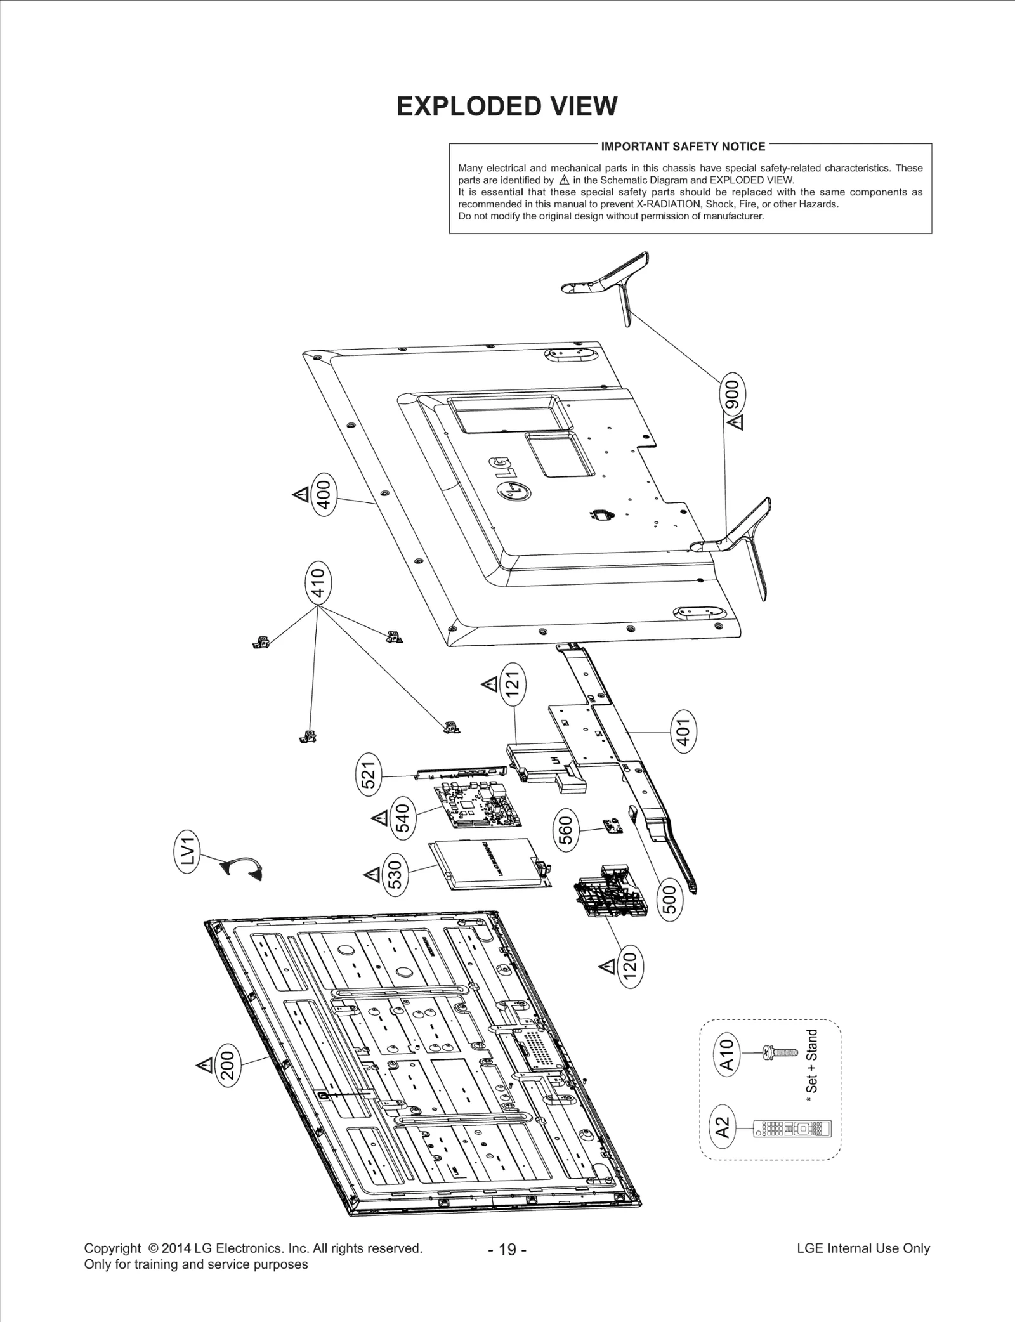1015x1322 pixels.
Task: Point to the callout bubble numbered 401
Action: [683, 731]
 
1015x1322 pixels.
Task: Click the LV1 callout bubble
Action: [188, 853]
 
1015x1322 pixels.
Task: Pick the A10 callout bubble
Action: [727, 1054]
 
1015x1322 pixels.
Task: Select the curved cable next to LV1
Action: [242, 868]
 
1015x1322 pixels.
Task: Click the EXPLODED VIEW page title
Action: [506, 106]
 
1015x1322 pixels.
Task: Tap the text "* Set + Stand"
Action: [811, 1066]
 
